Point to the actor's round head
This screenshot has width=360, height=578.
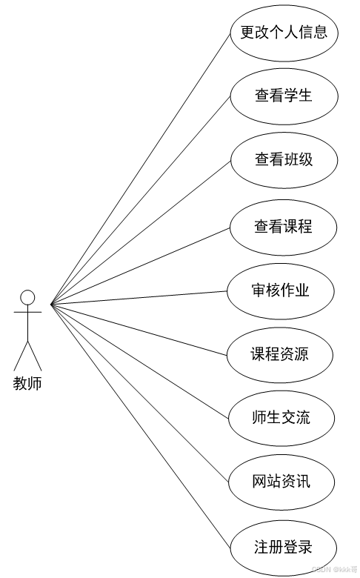tap(27, 298)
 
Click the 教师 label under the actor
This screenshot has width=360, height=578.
tap(27, 383)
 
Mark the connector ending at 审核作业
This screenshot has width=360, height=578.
tap(139, 297)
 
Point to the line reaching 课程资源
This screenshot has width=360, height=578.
tap(139, 330)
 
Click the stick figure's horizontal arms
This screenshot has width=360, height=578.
tap(27, 312)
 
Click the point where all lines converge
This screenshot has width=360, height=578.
tap(51, 304)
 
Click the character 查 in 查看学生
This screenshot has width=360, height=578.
tap(262, 96)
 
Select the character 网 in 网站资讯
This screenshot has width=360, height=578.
tap(259, 482)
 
